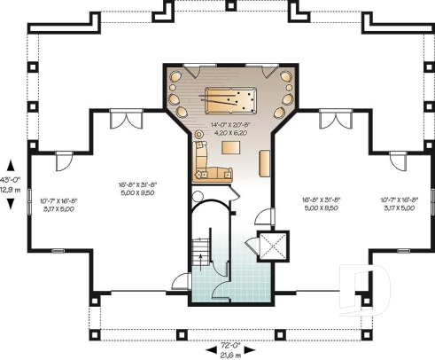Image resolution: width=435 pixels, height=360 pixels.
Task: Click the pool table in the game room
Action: (229, 97)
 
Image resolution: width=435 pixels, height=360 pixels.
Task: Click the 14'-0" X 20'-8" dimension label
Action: (229, 124)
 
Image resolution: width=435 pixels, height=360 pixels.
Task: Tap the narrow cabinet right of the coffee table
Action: (265, 162)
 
